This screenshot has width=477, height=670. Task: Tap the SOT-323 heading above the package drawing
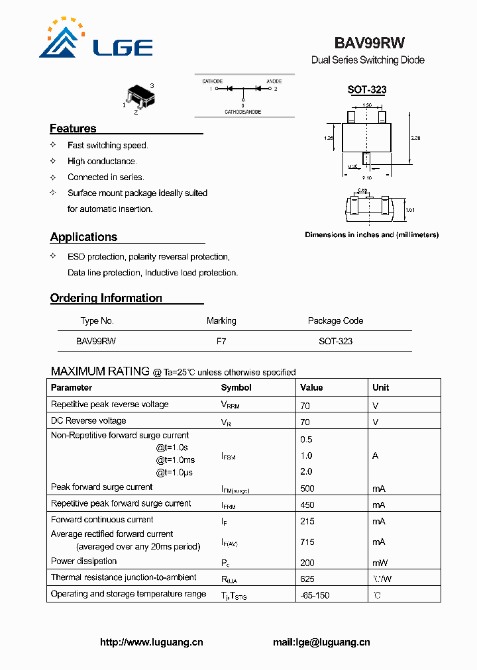click(367, 90)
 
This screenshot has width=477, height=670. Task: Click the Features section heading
click(73, 128)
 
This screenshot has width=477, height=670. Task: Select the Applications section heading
click(83, 237)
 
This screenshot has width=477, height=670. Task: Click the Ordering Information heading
click(106, 298)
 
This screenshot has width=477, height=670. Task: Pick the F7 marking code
click(221, 342)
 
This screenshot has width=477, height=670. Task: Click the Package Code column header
click(335, 321)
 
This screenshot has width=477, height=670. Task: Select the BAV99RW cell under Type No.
click(96, 342)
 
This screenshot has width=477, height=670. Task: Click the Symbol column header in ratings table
click(236, 388)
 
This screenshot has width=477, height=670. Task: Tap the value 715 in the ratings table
click(307, 542)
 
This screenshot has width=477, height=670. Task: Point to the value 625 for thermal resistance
click(307, 578)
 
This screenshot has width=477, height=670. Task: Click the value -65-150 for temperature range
click(315, 595)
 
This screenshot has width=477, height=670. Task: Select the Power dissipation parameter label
click(83, 561)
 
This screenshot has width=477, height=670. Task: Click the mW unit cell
click(379, 562)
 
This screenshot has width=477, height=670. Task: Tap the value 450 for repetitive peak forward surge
click(307, 504)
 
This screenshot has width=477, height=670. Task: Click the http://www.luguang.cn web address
click(151, 642)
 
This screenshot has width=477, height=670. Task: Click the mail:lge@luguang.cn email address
click(321, 642)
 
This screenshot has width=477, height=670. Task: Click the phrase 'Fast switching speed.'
click(107, 146)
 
